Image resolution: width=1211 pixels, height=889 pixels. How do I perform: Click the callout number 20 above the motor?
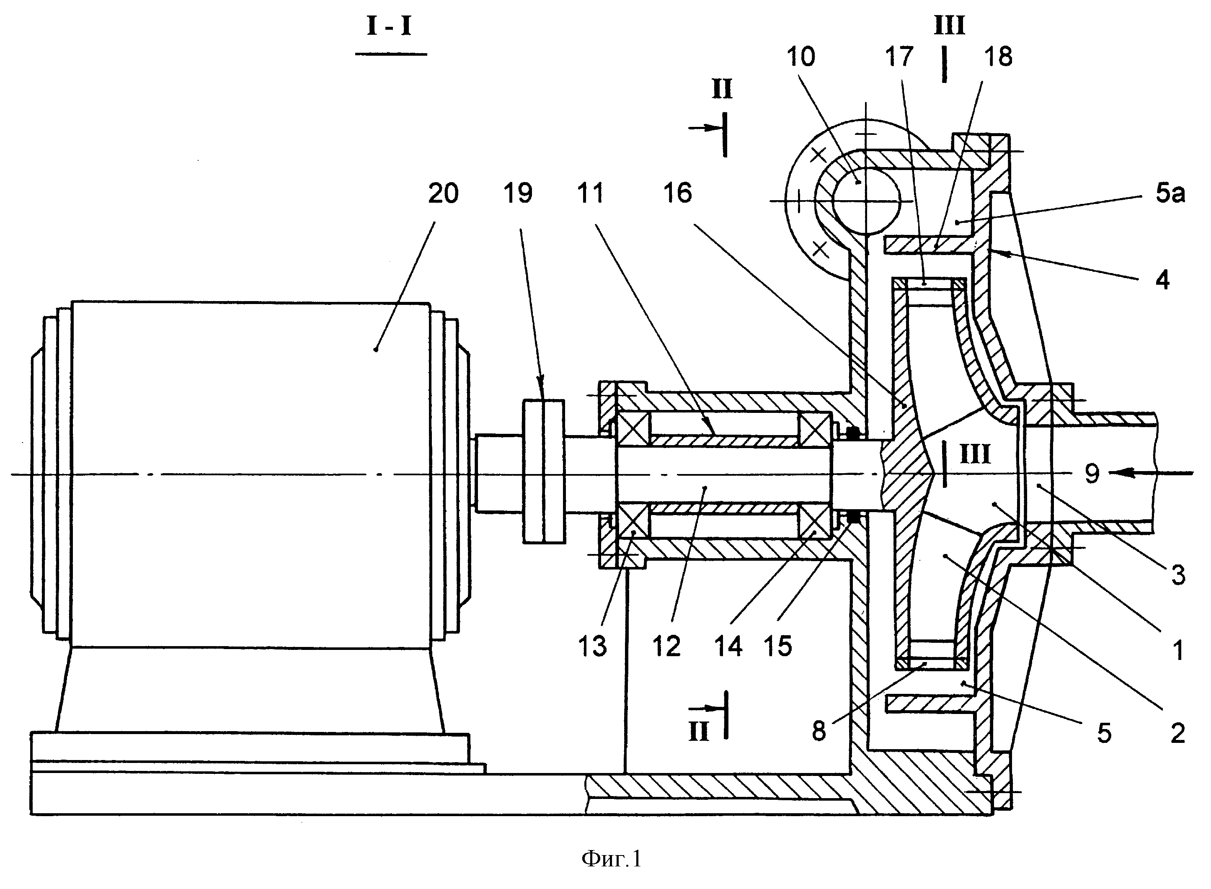[443, 193]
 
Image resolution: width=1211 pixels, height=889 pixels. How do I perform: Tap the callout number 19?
[518, 193]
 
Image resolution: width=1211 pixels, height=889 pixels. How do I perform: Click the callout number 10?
[801, 57]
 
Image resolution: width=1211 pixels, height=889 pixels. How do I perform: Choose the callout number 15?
[778, 646]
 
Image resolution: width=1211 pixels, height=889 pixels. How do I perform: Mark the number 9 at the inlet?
[1092, 474]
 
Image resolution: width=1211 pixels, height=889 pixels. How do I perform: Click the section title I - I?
[389, 26]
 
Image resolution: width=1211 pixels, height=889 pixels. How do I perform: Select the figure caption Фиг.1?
[612, 859]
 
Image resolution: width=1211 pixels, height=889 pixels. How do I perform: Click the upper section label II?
[722, 89]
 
